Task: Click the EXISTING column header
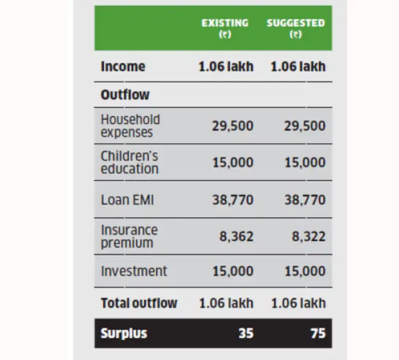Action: click(225, 28)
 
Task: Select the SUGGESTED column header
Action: click(295, 28)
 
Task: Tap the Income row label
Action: click(123, 66)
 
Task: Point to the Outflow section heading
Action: click(125, 95)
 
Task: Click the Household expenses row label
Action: click(130, 126)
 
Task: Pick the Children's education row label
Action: click(129, 163)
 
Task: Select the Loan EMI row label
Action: click(128, 200)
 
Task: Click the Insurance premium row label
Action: click(129, 236)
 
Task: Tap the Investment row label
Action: click(134, 271)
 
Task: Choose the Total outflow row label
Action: click(139, 303)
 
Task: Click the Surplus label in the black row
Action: click(124, 333)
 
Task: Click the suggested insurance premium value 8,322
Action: click(308, 236)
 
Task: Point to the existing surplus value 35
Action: click(246, 333)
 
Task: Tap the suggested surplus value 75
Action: click(317, 333)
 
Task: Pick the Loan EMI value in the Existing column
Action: click(233, 200)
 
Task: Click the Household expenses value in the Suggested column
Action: click(304, 126)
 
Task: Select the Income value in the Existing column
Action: click(226, 66)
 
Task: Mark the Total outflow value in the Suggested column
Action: click(298, 303)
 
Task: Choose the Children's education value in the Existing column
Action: click(233, 163)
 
